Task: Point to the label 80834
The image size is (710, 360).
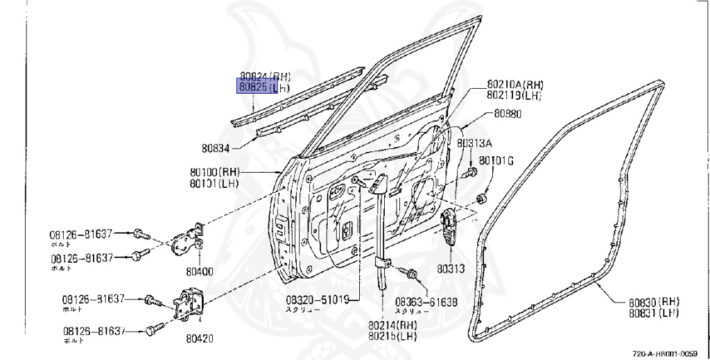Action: [217, 147]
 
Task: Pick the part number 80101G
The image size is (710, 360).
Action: [496, 162]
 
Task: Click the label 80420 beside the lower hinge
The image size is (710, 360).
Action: [200, 339]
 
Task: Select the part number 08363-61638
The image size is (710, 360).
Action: [426, 302]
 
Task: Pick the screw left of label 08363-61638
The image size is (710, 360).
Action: [411, 274]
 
